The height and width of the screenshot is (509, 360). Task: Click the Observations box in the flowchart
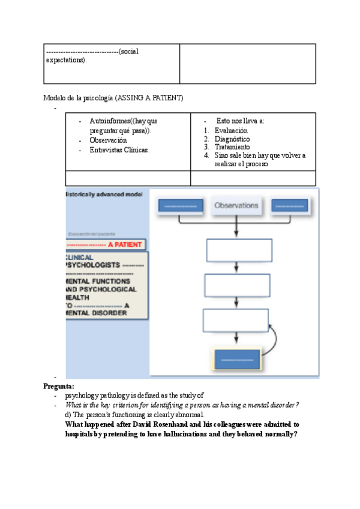[237, 205]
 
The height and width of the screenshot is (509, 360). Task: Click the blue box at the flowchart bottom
[237, 359]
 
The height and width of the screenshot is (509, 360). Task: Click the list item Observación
[108, 140]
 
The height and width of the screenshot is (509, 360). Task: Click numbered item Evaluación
[231, 130]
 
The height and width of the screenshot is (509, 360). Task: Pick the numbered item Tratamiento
[232, 147]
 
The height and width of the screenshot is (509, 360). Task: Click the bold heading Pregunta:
[59, 387]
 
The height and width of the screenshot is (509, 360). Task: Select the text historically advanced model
[104, 194]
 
